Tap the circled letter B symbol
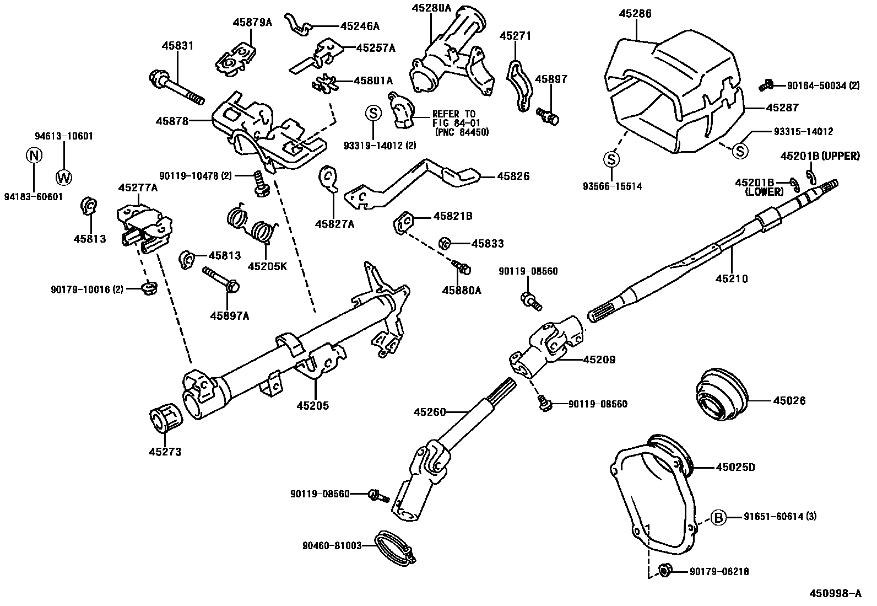718,517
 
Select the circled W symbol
64,177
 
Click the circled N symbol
34,155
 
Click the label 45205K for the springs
267,266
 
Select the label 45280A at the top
431,8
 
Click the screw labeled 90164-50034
766,85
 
